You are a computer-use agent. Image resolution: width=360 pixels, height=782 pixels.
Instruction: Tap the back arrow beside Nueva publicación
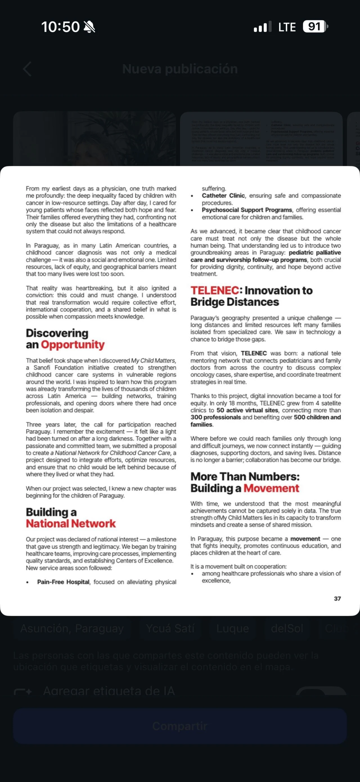[x=27, y=69]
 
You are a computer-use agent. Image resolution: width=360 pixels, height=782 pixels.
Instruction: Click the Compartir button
[x=180, y=726]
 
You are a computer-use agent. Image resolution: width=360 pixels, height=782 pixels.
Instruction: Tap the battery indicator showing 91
[x=315, y=27]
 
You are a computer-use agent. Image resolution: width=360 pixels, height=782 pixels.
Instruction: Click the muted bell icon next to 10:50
[x=89, y=27]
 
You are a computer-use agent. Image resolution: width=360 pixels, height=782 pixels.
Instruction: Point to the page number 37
[x=337, y=598]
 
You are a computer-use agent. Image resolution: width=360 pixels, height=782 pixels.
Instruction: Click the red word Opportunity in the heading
[x=73, y=345]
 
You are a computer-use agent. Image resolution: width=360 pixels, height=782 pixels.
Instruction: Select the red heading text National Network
[x=71, y=524]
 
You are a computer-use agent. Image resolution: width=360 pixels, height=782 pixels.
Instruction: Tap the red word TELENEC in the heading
[x=215, y=290]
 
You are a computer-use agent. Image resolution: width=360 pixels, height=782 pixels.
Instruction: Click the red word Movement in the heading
[x=271, y=488]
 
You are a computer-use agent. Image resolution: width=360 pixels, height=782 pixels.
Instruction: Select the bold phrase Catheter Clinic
[x=223, y=196]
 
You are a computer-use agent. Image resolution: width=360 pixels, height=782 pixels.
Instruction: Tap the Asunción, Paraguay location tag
[x=72, y=628]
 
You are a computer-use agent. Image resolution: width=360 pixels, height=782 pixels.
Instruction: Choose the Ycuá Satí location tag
[x=170, y=628]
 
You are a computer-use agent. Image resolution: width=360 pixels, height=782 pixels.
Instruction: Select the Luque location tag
[x=233, y=628]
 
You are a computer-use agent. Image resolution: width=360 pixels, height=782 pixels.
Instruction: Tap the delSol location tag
[x=287, y=628]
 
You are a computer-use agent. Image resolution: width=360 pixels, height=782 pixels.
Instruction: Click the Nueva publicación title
[x=180, y=69]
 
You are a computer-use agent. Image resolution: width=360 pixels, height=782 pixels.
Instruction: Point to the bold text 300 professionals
[x=215, y=417]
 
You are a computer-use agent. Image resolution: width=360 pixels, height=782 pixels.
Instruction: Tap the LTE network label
[x=287, y=27]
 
